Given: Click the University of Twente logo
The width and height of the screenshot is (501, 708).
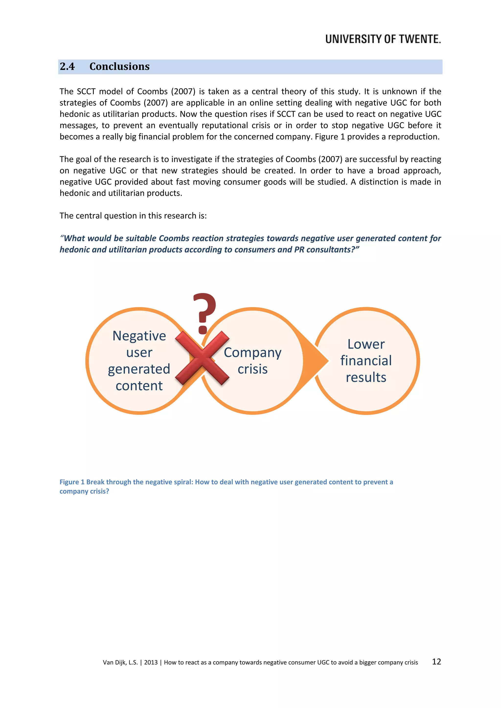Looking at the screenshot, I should tap(383, 39).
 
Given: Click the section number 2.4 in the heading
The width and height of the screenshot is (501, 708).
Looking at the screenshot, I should tap(67, 66).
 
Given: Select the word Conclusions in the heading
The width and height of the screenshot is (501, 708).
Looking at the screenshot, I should tap(119, 66).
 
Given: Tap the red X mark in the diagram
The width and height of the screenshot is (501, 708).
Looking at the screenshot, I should tap(202, 358).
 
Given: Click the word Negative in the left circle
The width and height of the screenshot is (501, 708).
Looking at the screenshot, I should tap(139, 336).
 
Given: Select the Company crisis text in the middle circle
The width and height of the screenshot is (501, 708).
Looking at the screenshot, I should tap(252, 360).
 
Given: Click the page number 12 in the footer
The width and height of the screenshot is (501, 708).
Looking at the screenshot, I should tap(436, 662).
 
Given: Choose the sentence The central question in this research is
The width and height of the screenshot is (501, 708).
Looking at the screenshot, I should tap(133, 216).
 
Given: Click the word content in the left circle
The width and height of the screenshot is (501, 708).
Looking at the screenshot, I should tap(139, 386).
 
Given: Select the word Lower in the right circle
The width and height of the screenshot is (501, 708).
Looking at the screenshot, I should tap(366, 344).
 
